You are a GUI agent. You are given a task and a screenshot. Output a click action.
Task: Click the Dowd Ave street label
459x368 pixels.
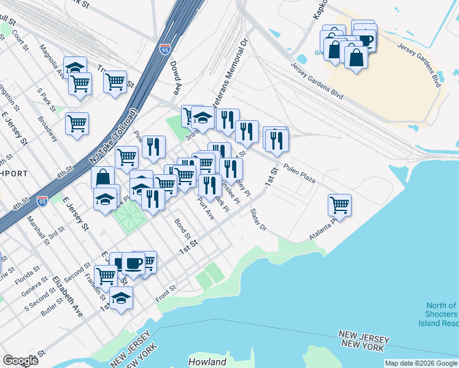pos(176,79)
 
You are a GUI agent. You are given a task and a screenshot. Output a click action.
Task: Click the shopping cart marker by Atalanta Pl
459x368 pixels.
pos(339,204)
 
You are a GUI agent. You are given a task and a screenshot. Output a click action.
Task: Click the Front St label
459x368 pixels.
pos(166,288)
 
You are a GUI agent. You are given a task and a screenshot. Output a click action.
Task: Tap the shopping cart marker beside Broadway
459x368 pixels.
pos(77,123)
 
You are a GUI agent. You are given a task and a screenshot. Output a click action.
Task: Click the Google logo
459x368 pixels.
pos(21,361)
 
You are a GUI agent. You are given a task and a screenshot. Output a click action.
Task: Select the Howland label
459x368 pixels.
pos(207,362)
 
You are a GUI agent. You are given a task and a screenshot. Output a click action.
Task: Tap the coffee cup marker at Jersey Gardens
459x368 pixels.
pos(364,39)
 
